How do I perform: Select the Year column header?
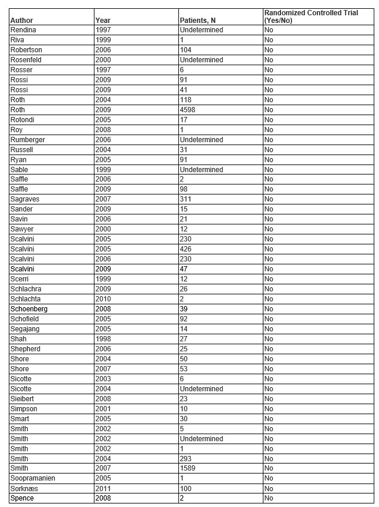103,21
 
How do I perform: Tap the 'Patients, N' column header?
197,21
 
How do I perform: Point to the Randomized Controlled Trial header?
310,16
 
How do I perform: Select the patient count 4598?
189,110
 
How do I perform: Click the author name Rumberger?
28,140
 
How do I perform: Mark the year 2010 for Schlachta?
103,300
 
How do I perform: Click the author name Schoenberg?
29,310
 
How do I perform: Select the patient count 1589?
189,469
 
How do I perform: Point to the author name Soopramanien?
32,479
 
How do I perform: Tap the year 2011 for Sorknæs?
103,489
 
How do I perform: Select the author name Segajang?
25,330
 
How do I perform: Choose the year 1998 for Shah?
103,340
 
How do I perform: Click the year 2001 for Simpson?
103,409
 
